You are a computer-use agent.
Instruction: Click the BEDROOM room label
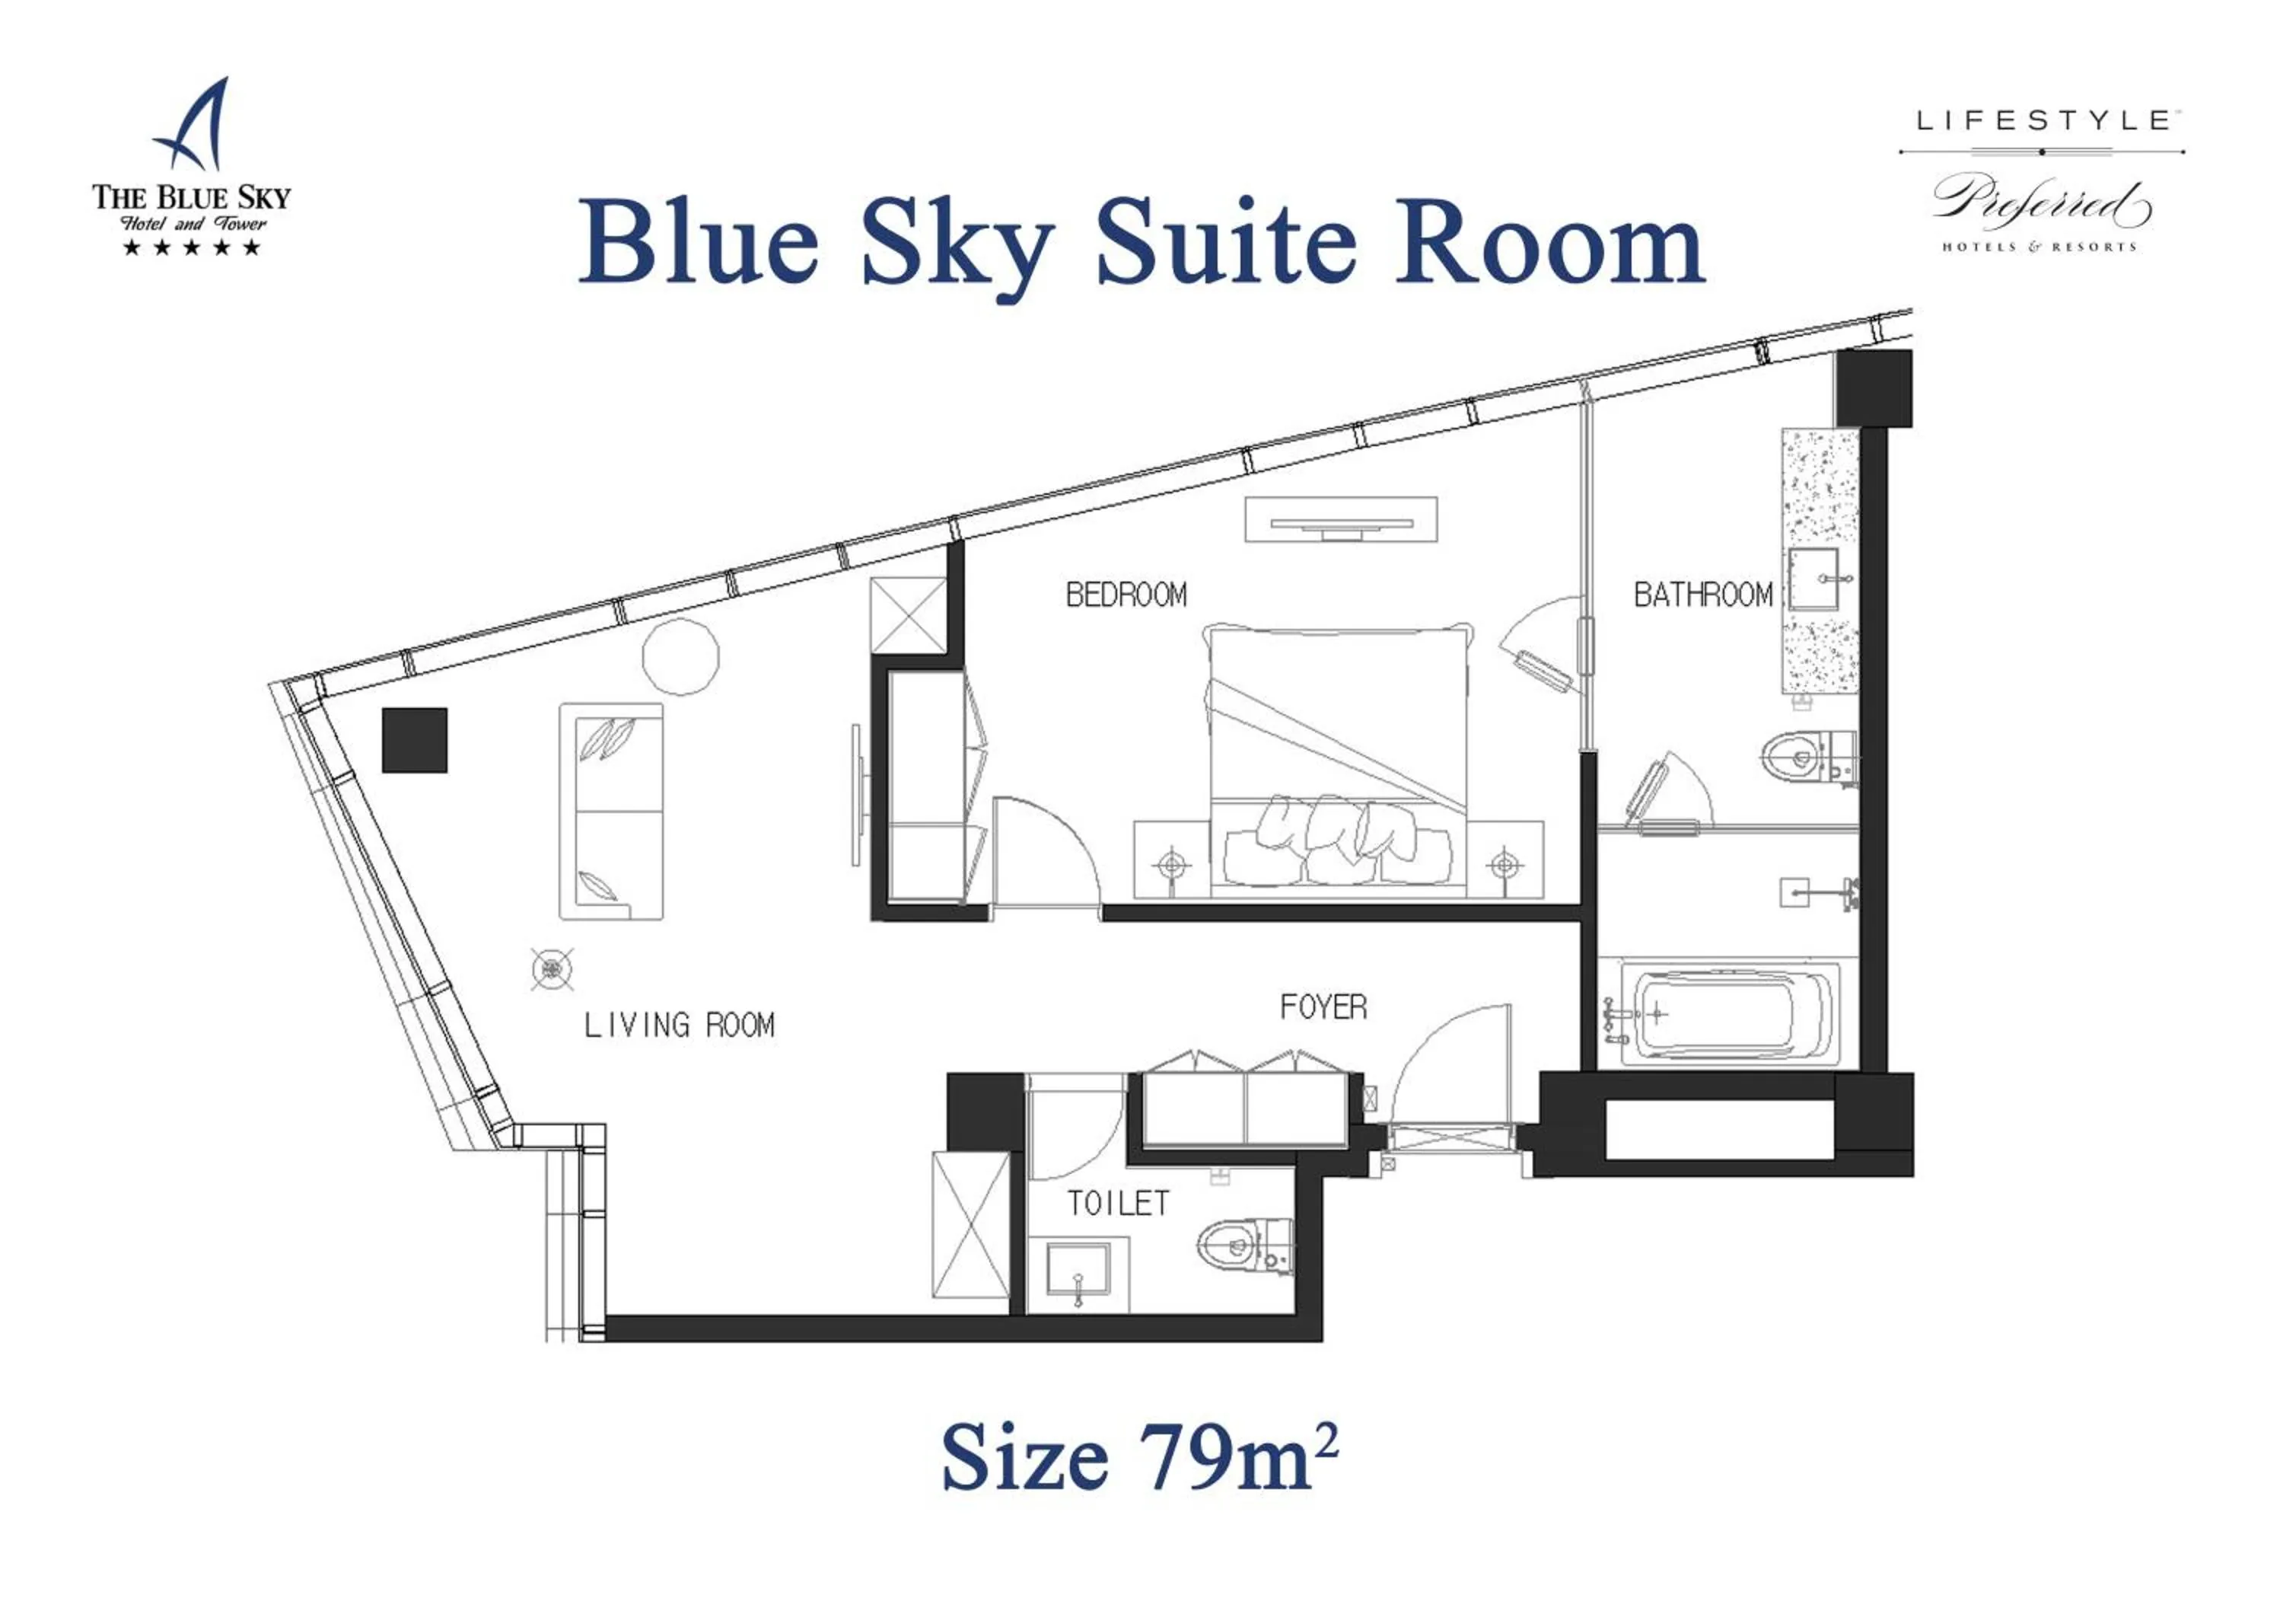pyautogui.click(x=1126, y=595)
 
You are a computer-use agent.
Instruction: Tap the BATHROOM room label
pyautogui.click(x=1702, y=595)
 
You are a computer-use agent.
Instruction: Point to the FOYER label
pyautogui.click(x=1323, y=1007)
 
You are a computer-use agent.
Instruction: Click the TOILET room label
pyautogui.click(x=1118, y=1204)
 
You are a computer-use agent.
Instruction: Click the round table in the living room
pyautogui.click(x=680, y=656)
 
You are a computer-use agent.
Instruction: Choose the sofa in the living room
pyautogui.click(x=610, y=811)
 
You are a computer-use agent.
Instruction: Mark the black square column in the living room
pyautogui.click(x=415, y=740)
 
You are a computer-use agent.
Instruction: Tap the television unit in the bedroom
pyautogui.click(x=1340, y=520)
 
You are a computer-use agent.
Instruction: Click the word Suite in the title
pyautogui.click(x=1225, y=244)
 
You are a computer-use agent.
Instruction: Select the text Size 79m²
pyautogui.click(x=1139, y=1458)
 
